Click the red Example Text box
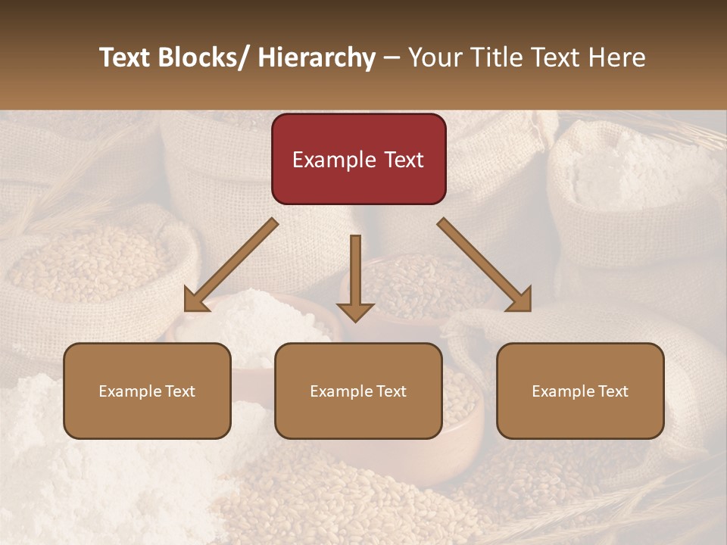tap(358, 159)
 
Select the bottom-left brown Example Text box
tap(147, 391)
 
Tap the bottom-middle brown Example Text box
tap(358, 391)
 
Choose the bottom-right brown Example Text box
tap(580, 391)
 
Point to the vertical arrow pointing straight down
tap(355, 277)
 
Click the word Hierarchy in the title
tap(317, 58)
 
